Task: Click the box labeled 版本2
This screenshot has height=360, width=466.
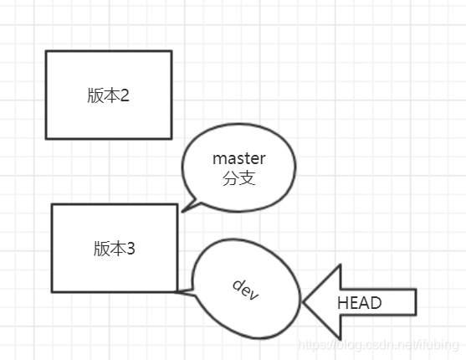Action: pyautogui.click(x=108, y=95)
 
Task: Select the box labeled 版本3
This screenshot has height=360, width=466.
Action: pyautogui.click(x=114, y=248)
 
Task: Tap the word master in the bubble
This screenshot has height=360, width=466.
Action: pyautogui.click(x=238, y=158)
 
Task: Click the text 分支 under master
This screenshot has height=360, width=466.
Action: pyautogui.click(x=238, y=178)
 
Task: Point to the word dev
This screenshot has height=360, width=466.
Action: pyautogui.click(x=245, y=289)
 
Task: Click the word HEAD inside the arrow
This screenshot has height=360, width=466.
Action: pyautogui.click(x=359, y=303)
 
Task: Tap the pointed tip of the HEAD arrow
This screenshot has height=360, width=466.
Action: pyautogui.click(x=305, y=302)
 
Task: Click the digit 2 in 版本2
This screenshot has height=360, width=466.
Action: pyautogui.click(x=125, y=95)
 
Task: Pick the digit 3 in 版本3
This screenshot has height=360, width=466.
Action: pyautogui.click(x=131, y=249)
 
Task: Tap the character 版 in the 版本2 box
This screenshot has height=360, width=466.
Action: pyautogui.click(x=95, y=95)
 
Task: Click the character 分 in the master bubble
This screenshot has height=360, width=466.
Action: pyautogui.click(x=231, y=178)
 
